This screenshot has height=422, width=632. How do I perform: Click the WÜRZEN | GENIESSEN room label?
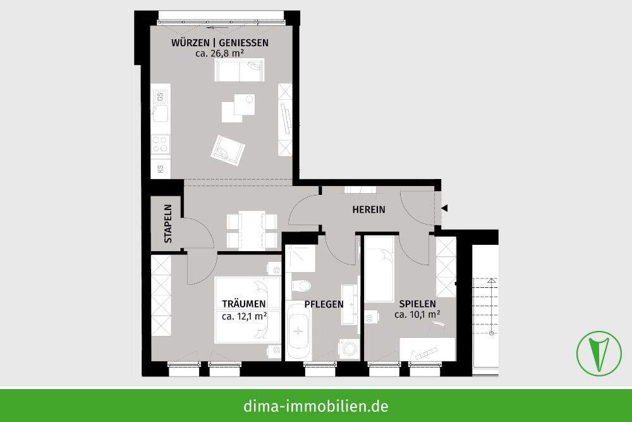click(220, 43)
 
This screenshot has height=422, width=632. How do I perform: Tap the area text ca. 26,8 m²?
click(220, 54)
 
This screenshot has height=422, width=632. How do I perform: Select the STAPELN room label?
click(168, 224)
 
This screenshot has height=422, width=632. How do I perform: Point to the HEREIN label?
click(369, 209)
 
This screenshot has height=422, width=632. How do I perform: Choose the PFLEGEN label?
click(324, 304)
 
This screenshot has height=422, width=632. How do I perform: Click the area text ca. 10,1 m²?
click(417, 314)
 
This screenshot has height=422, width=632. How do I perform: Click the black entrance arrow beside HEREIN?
click(444, 208)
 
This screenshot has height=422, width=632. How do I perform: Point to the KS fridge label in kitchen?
click(161, 169)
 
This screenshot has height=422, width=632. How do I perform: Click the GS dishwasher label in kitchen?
click(161, 97)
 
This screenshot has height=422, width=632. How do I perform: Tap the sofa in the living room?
click(240, 70)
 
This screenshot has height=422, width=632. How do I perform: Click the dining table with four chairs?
click(252, 230)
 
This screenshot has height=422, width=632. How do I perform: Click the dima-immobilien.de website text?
click(316, 406)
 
